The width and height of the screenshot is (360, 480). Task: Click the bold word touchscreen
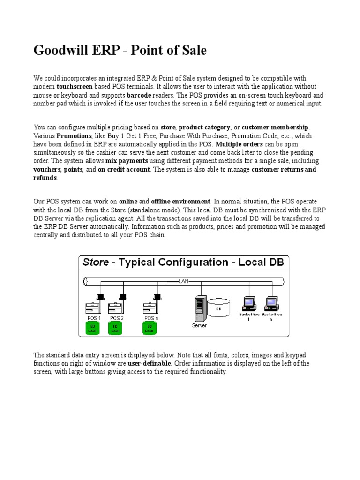[75, 87]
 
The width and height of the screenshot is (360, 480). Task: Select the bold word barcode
[139, 95]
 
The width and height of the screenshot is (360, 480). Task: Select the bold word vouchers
[47, 170]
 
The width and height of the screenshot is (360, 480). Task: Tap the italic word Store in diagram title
[96, 262]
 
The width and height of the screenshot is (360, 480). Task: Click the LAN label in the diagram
[183, 282]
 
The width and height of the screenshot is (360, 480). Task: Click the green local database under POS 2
[114, 328]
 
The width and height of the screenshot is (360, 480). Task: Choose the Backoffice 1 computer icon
[248, 304]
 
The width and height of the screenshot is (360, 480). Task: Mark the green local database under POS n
[150, 328]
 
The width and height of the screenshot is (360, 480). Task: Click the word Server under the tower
[199, 324]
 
